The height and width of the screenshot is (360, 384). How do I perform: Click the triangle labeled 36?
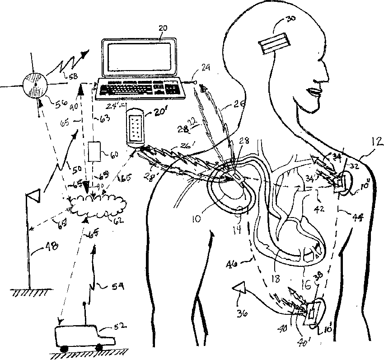coord(239,289)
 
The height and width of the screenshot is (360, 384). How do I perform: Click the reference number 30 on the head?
coord(292,20)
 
